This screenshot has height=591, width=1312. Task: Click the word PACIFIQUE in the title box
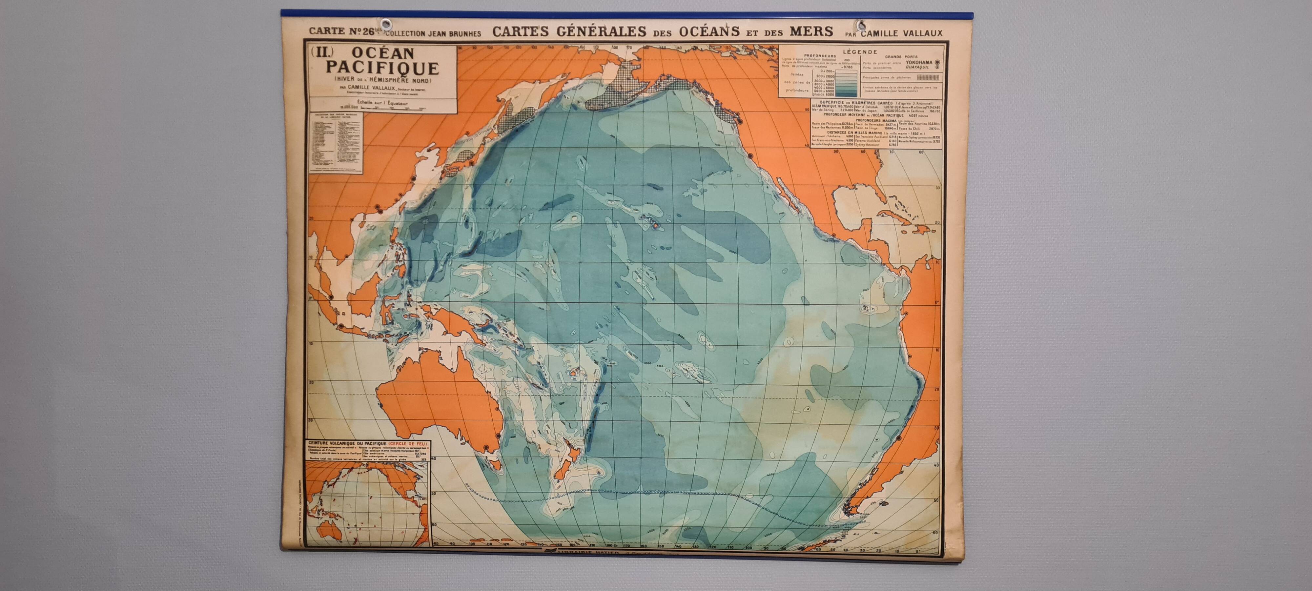[x=382, y=68]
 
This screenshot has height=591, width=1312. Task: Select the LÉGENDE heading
[x=860, y=51]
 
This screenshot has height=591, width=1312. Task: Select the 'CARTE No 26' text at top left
[x=341, y=31]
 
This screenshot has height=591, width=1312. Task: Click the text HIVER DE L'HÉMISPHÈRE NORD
[x=382, y=80]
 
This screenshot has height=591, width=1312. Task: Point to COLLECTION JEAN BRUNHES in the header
[x=433, y=34]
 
